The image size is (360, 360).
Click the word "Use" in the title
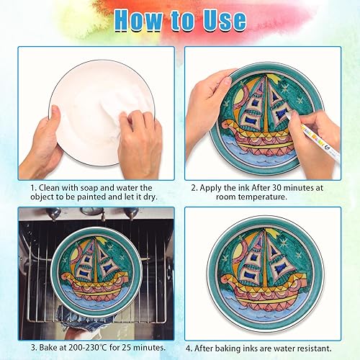(x=225, y=19)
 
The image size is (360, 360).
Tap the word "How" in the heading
(x=138, y=19)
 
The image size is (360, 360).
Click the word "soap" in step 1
(x=89, y=188)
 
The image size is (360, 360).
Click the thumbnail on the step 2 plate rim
(x=227, y=81)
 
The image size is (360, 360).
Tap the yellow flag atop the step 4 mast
(x=272, y=232)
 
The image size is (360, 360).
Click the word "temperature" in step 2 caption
(x=262, y=197)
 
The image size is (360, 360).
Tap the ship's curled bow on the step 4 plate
(x=226, y=279)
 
